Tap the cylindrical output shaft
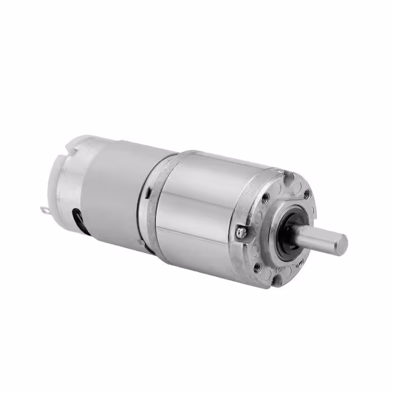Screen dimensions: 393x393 coord(319,236)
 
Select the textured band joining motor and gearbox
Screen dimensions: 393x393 coord(150,203)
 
